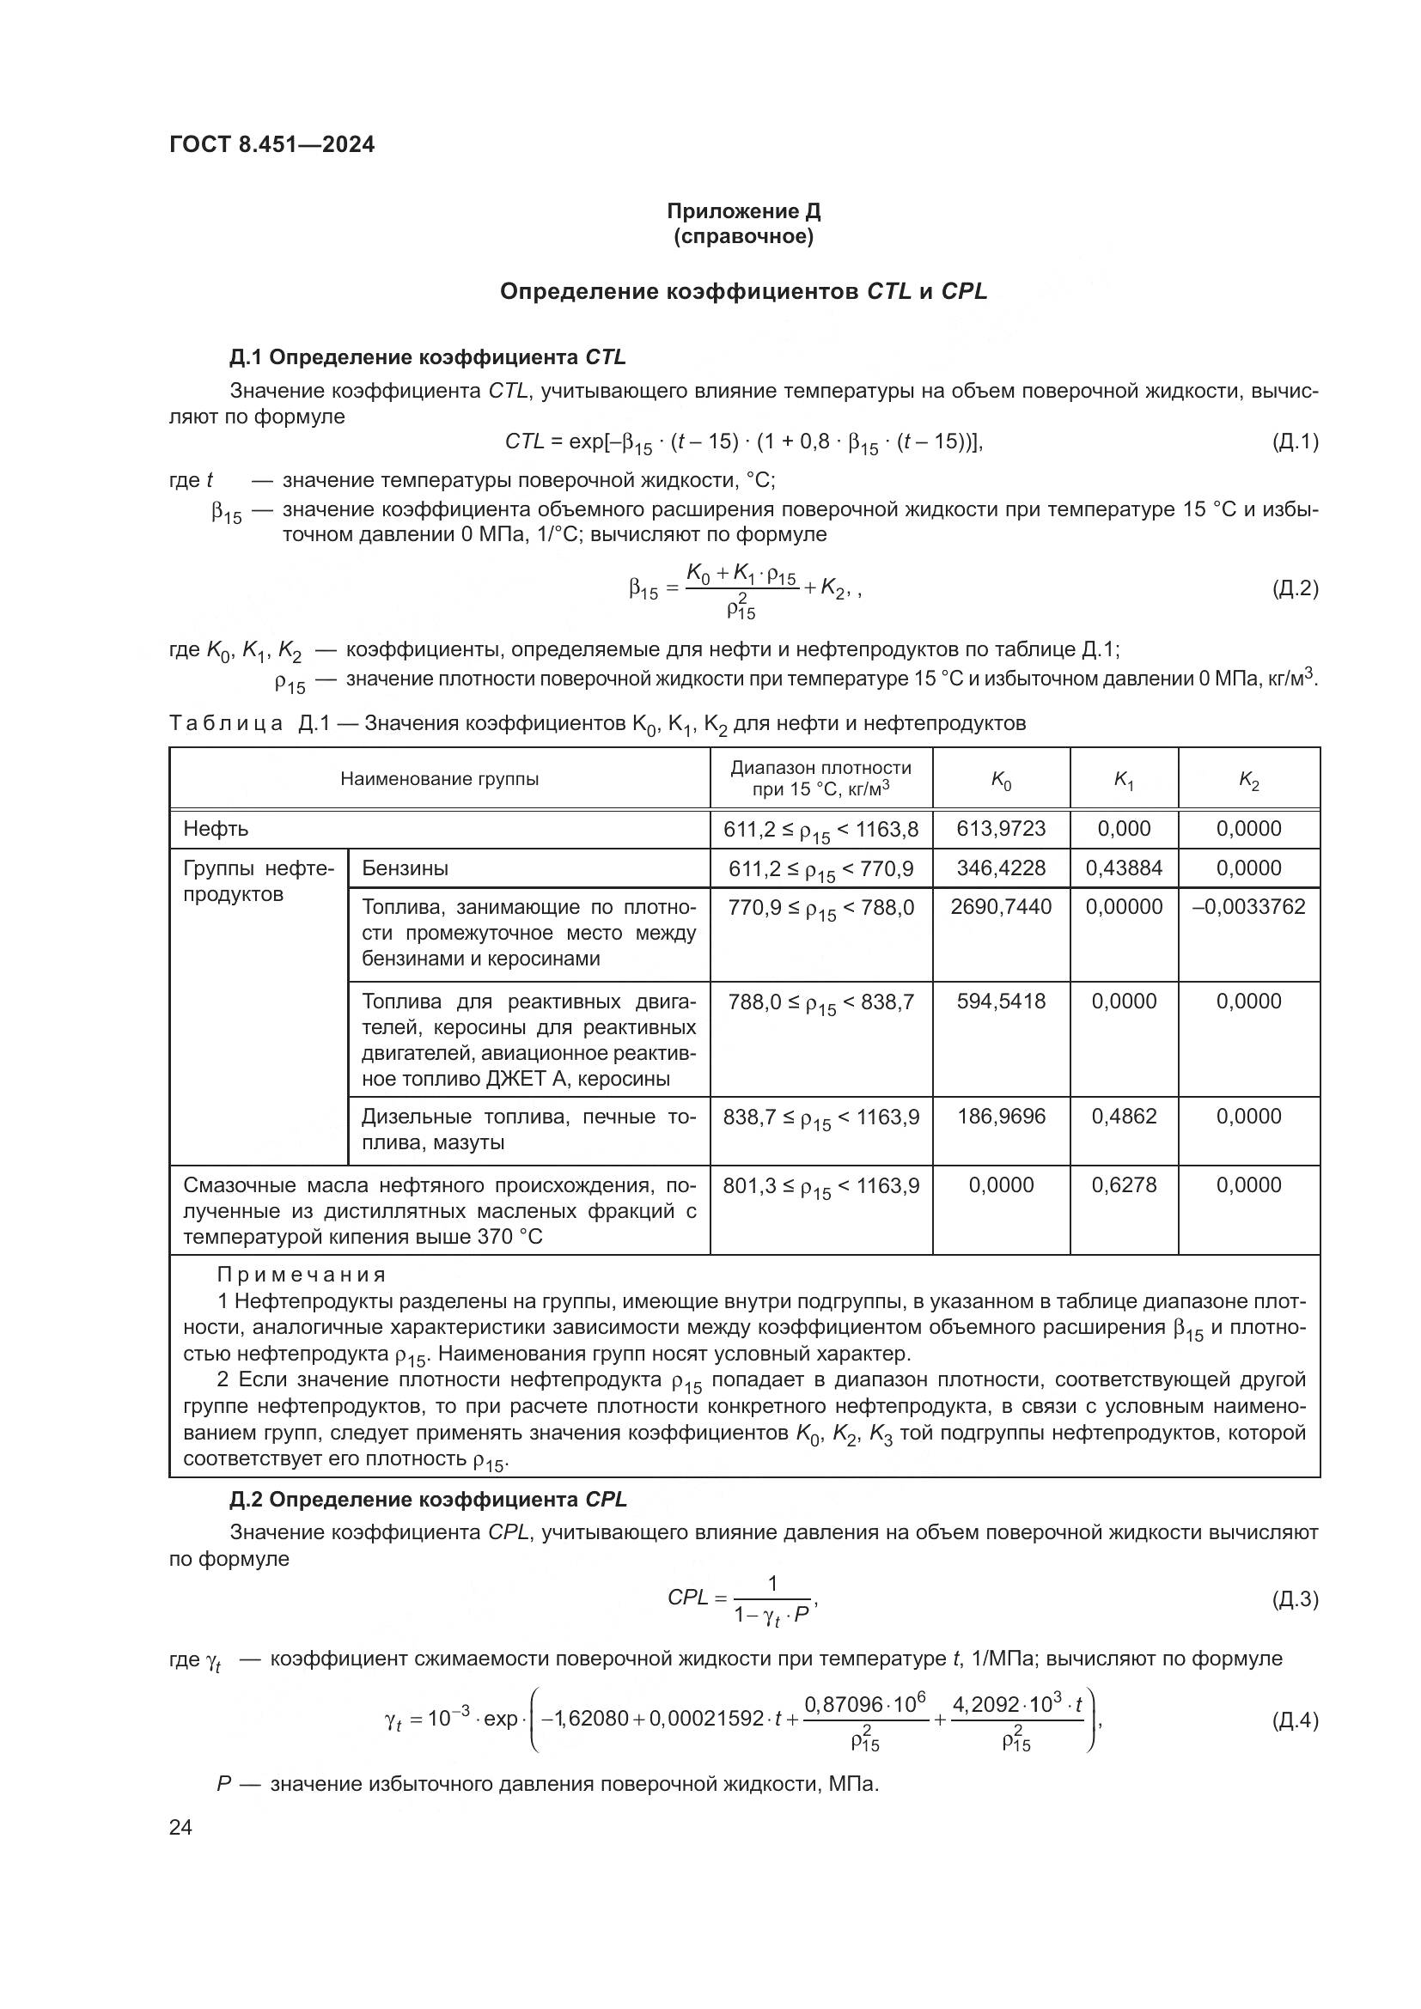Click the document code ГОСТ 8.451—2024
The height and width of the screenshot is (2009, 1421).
click(271, 144)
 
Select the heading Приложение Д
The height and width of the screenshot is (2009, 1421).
click(743, 211)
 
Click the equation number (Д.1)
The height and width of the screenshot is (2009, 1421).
click(1294, 441)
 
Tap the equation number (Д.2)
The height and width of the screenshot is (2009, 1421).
click(1294, 588)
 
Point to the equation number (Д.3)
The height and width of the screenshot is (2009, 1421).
click(1294, 1599)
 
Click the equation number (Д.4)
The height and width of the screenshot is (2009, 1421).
click(1294, 1720)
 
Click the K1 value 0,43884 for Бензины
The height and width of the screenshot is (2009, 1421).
click(1124, 868)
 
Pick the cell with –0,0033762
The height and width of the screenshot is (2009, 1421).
click(1247, 906)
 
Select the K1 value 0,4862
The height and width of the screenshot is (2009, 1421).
click(1124, 1117)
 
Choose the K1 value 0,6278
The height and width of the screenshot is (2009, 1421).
click(1124, 1184)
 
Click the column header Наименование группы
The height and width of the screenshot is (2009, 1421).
click(439, 779)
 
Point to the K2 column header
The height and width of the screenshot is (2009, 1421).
click(1247, 781)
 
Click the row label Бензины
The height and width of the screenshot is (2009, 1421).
click(406, 868)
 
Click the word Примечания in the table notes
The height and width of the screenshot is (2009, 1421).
click(302, 1275)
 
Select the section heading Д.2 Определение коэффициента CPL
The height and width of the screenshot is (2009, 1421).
click(428, 1499)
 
